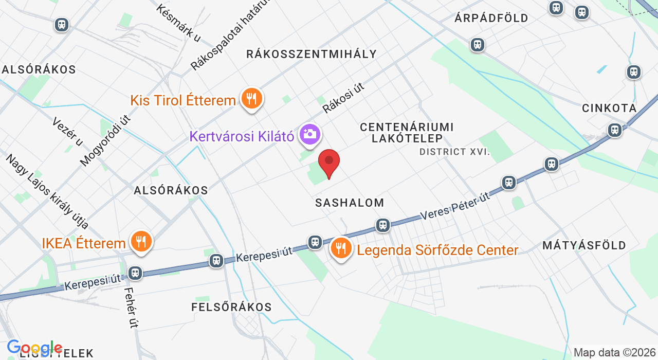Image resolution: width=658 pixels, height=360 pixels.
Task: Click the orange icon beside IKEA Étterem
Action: pyautogui.click(x=140, y=241)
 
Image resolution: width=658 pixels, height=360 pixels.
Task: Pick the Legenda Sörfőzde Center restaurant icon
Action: pyautogui.click(x=340, y=248)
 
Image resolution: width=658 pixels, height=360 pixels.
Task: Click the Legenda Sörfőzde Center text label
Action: pyautogui.click(x=437, y=250)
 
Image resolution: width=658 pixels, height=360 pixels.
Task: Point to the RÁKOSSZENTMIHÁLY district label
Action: pyautogui.click(x=312, y=54)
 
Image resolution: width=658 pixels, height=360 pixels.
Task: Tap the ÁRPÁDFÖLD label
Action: pyautogui.click(x=491, y=18)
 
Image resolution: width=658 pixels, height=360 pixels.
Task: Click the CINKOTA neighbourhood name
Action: pyautogui.click(x=609, y=108)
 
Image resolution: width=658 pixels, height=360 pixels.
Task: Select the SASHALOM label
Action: pyautogui.click(x=350, y=203)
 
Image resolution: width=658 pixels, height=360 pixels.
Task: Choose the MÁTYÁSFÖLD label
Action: pyautogui.click(x=584, y=245)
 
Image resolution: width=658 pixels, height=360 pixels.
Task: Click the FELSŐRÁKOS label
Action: pyautogui.click(x=231, y=307)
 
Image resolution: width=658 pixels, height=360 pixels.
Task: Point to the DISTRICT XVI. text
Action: pyautogui.click(x=454, y=152)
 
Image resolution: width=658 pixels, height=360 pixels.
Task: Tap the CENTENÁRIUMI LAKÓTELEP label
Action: pyautogui.click(x=407, y=132)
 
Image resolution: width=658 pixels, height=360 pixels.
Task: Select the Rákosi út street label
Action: pyautogui.click(x=343, y=98)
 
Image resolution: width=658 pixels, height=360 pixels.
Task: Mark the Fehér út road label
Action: pyautogui.click(x=131, y=307)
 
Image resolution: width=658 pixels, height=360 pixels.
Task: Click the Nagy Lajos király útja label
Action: pyautogui.click(x=47, y=191)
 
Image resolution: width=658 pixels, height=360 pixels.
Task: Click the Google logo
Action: pyautogui.click(x=34, y=348)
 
